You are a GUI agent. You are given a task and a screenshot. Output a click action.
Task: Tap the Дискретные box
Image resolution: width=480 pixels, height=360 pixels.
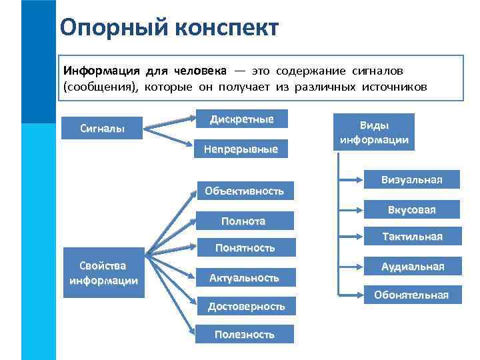click(241, 119)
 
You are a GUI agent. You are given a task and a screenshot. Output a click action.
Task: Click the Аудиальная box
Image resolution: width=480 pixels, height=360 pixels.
click(412, 267)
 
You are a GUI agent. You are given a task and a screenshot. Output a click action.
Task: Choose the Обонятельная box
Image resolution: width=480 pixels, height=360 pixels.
click(411, 295)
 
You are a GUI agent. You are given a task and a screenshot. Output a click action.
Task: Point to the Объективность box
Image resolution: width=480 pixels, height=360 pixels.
click(244, 191)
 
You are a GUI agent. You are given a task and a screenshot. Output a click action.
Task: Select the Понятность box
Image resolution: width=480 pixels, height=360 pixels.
click(245, 248)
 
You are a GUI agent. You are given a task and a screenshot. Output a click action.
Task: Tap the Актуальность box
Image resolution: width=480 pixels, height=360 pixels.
click(244, 277)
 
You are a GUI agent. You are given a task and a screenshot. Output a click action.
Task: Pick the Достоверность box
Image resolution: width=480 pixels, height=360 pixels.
click(246, 306)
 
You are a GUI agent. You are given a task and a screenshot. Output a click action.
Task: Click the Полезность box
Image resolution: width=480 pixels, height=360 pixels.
click(244, 335)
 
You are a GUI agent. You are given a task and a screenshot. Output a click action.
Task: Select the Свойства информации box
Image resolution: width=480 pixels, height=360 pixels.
click(103, 273)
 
